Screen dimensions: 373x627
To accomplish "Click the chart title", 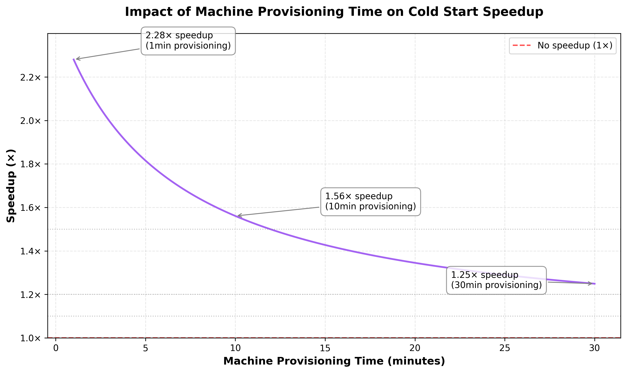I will pos(334,12).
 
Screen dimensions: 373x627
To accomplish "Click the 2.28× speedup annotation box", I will pos(188,41).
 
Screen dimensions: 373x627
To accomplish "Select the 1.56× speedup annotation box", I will pos(370,202).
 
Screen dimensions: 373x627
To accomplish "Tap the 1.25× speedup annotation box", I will pos(496,280).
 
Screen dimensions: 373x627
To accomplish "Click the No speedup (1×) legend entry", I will pos(563,46).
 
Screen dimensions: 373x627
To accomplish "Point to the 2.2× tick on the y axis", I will pos(30,77).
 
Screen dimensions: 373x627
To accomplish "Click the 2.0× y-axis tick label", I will pos(30,121).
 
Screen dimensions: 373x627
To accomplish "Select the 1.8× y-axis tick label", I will pos(30,164).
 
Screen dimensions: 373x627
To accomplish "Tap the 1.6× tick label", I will pos(30,208).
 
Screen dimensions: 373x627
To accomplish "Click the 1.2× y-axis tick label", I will pos(30,295).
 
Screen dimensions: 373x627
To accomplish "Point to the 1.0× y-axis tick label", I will pos(30,338).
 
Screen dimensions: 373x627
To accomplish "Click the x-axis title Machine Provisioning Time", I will pos(334,361).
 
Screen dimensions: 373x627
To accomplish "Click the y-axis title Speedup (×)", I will pos(11,186).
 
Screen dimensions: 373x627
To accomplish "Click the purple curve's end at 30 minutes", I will pos(595,284).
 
